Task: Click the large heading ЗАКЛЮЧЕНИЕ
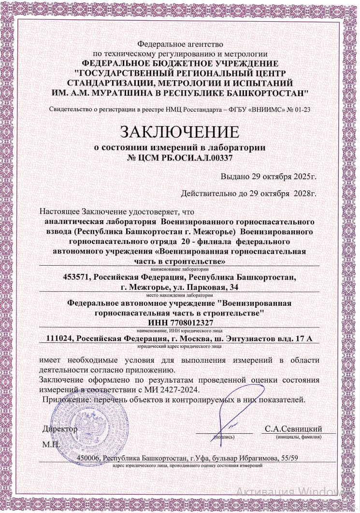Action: (180, 132)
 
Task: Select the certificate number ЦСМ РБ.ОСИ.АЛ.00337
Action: (186, 157)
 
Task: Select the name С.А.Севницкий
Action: (293, 429)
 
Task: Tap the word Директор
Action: (59, 429)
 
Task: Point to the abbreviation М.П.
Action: (51, 444)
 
